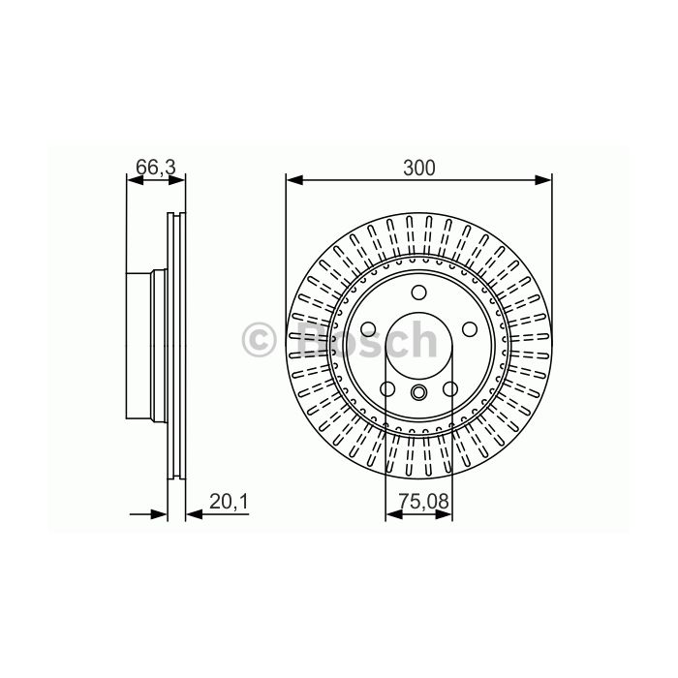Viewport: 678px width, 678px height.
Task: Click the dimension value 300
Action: tap(418, 168)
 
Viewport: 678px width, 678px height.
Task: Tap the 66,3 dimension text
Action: tap(156, 168)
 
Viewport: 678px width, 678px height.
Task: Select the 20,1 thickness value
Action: tap(229, 502)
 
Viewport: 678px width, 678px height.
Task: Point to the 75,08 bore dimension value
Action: tap(424, 502)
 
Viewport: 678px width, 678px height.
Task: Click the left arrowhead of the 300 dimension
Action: tap(294, 180)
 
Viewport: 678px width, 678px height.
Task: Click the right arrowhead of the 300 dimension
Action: tap(543, 180)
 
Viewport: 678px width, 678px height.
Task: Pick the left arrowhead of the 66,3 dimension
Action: tap(135, 180)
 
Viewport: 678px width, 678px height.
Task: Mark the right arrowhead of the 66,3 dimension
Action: tap(177, 180)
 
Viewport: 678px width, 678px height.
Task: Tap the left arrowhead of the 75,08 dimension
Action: tap(393, 514)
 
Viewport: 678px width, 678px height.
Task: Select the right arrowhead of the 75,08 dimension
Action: tap(444, 514)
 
